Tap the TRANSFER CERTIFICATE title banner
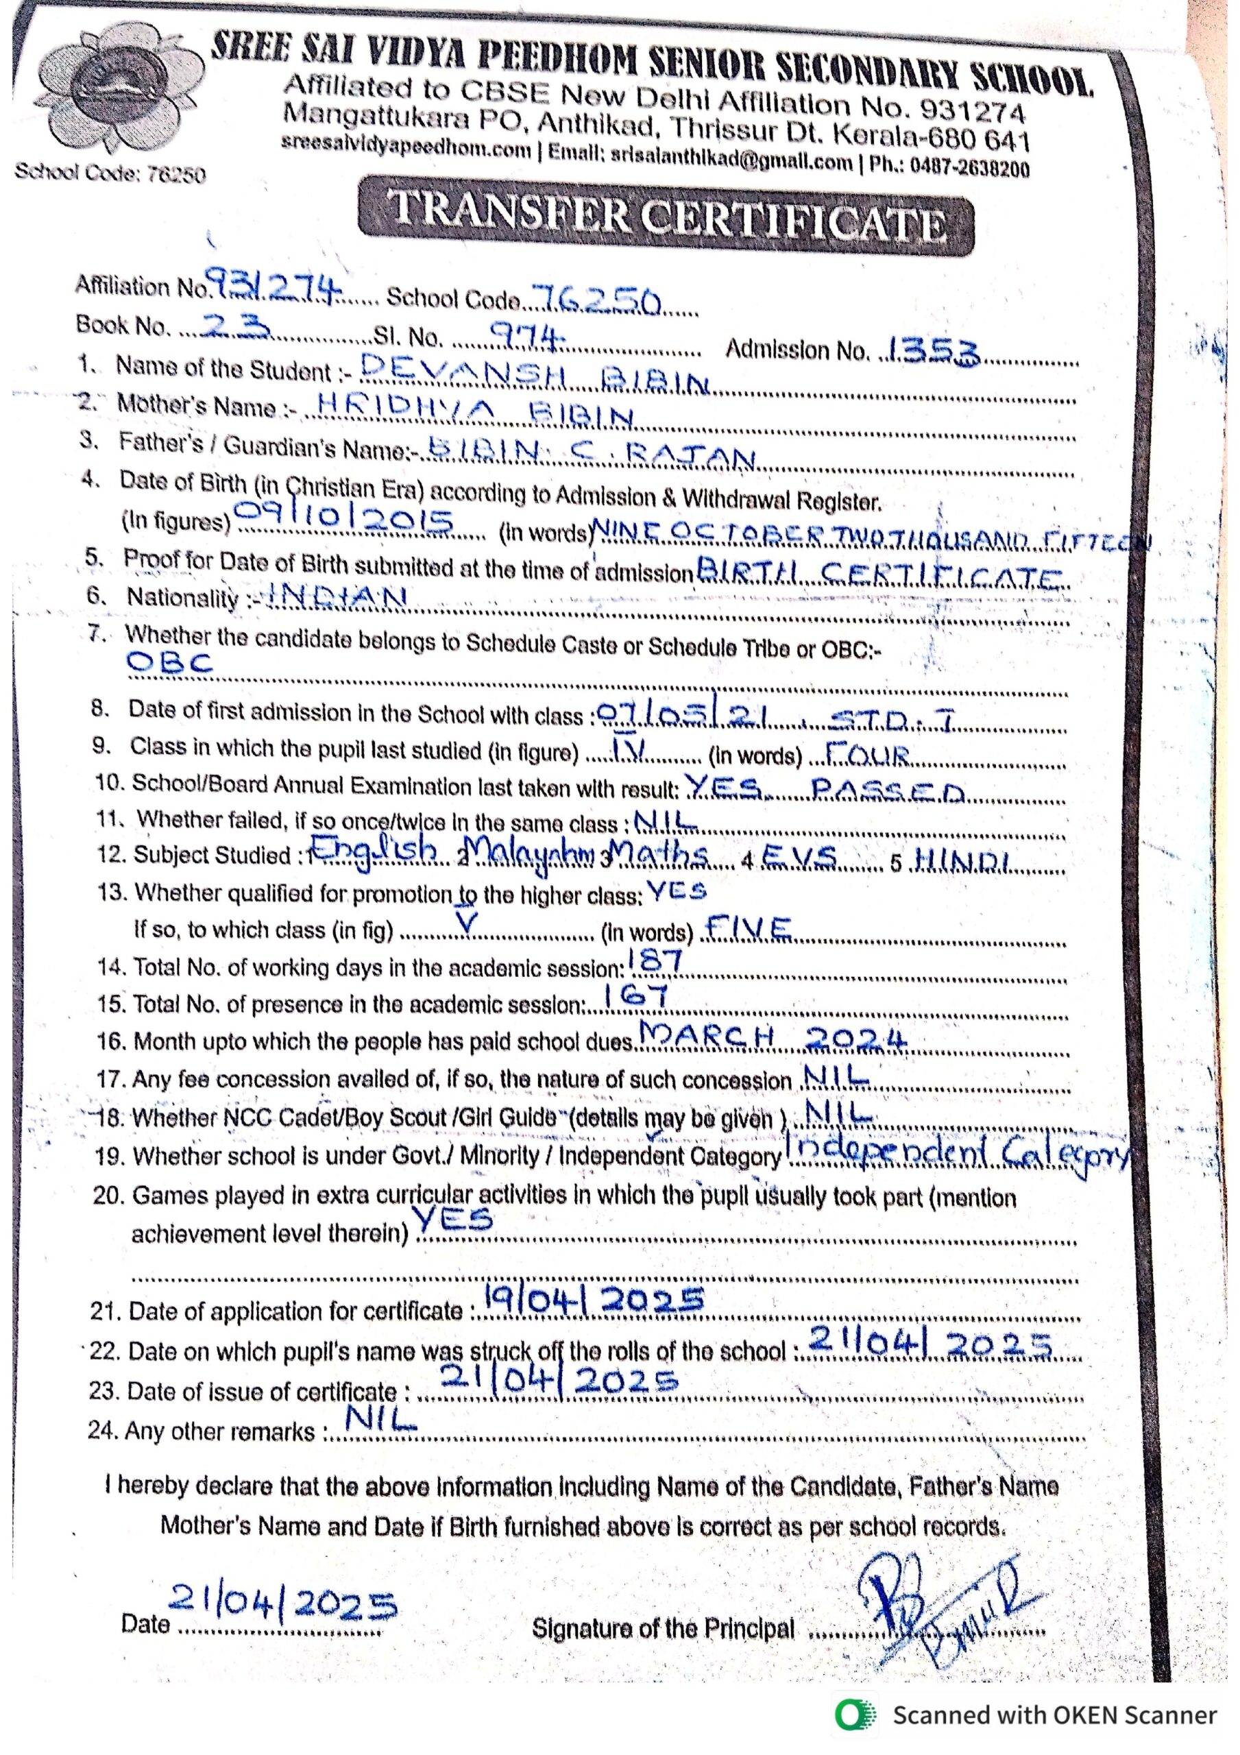[x=665, y=217]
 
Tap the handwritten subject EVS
[x=799, y=859]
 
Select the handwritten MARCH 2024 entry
[x=772, y=1037]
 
